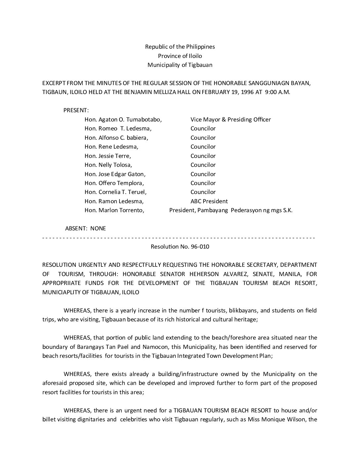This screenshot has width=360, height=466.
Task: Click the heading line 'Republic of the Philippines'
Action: [180, 47]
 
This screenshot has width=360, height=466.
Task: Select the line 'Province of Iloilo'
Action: [180, 56]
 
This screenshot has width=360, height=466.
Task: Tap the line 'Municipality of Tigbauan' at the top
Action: [180, 65]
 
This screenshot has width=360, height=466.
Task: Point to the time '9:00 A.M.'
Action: [278, 92]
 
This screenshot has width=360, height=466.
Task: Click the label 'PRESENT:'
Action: [76, 111]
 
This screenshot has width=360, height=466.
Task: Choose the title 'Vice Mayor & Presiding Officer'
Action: [231, 119]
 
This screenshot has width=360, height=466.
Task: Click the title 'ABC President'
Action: [209, 201]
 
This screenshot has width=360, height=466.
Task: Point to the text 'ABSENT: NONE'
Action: [85, 228]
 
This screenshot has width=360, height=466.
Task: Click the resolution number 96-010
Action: [200, 247]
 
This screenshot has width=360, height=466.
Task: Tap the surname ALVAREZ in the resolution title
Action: [239, 274]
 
